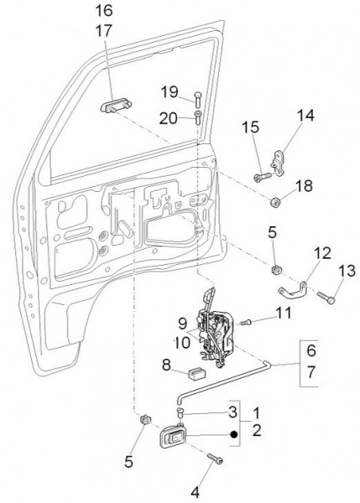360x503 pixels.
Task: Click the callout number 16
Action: [104, 11]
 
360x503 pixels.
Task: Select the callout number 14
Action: [305, 116]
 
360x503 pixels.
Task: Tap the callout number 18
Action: [304, 186]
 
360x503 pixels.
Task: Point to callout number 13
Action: [347, 271]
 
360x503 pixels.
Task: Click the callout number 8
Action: [166, 365]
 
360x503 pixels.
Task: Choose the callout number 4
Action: [195, 492]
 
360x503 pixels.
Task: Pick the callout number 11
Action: [284, 313]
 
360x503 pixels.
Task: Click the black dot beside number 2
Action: [234, 434]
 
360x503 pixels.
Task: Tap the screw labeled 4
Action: [215, 459]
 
